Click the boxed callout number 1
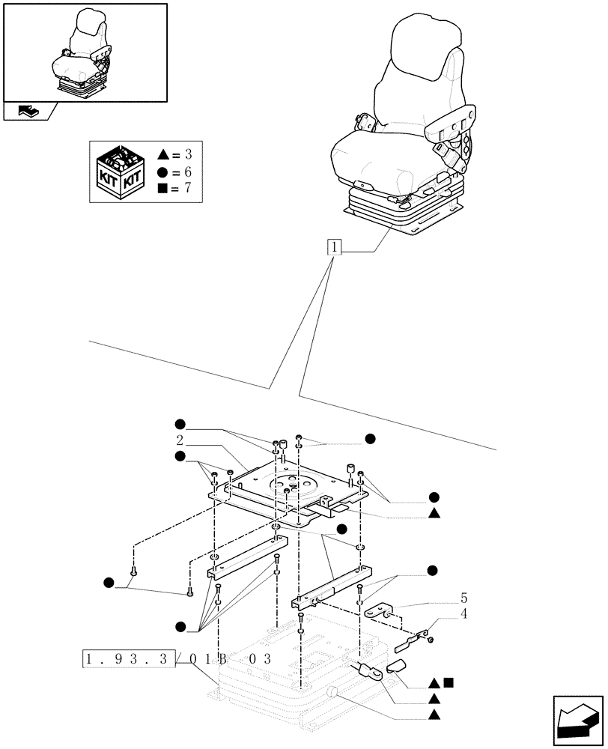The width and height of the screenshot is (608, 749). click(x=334, y=247)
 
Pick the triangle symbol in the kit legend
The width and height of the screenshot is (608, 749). click(x=163, y=156)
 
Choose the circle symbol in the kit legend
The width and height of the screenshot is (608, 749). click(x=163, y=172)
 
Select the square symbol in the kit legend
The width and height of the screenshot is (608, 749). click(x=163, y=187)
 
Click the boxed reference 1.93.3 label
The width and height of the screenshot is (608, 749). click(x=128, y=660)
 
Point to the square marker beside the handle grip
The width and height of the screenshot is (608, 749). click(x=447, y=682)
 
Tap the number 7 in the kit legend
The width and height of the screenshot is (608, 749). click(x=187, y=187)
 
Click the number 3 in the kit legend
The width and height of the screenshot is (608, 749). click(x=187, y=156)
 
